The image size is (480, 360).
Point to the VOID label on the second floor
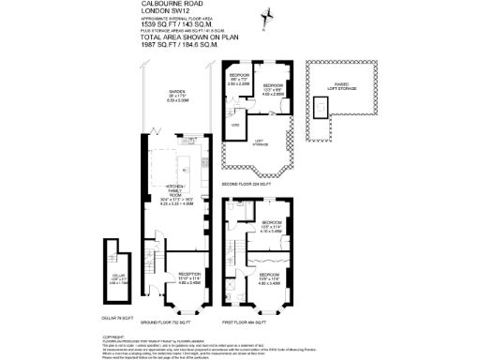234,124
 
